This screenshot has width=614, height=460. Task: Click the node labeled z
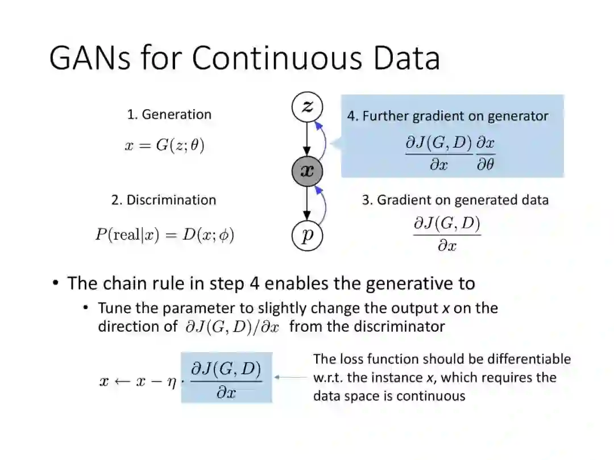point(306,107)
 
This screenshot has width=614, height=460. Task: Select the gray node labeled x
point(306,170)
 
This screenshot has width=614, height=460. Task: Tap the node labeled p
point(307,235)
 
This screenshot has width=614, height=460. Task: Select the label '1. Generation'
point(169,114)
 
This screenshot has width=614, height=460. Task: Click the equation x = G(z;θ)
point(164,145)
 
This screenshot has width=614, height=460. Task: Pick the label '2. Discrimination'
point(164,200)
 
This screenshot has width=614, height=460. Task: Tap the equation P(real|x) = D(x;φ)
point(164,235)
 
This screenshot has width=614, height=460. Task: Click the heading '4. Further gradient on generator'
point(447,116)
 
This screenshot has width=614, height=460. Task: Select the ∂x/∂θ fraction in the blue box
point(485,153)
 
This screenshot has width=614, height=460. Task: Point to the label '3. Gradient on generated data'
point(455,200)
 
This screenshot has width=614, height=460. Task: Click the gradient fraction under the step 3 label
point(447,234)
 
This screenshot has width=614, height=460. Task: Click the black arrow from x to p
point(306,203)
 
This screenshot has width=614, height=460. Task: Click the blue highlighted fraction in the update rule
point(226,378)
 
